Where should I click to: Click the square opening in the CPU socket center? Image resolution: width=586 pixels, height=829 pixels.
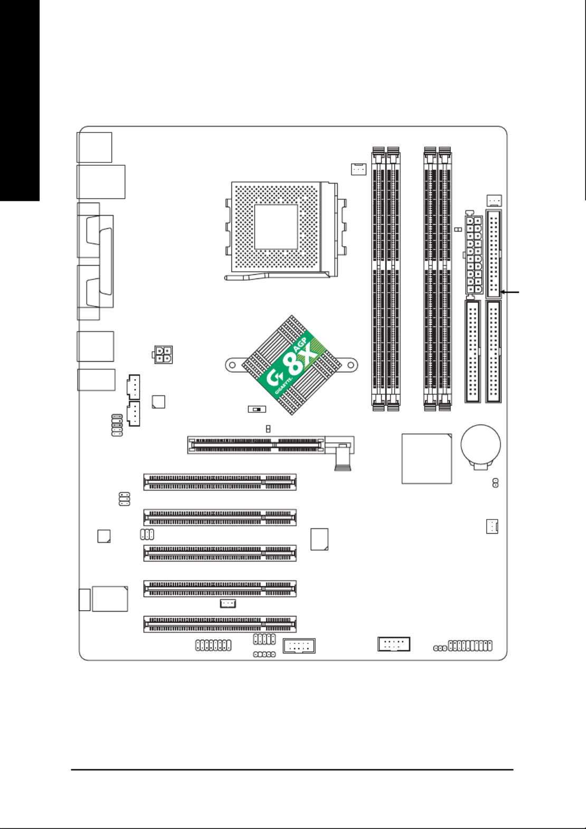276,226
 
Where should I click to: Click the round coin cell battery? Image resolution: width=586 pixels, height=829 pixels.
481,444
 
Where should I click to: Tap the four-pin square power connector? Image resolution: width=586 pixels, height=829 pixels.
163,354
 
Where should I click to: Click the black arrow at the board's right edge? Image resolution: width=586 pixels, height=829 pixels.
509,292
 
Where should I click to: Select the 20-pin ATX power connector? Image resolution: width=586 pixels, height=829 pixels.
474,255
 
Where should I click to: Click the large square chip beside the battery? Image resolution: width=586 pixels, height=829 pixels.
427,459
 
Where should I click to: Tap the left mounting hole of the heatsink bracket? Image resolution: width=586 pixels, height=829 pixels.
233,365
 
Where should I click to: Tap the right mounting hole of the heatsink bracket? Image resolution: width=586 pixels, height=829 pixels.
350,365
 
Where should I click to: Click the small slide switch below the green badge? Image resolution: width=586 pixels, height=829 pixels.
257,409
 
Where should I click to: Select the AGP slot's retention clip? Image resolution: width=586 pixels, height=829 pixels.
342,458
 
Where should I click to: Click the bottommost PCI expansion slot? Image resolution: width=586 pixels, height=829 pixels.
220,624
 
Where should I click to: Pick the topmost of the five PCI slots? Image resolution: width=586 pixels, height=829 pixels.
220,482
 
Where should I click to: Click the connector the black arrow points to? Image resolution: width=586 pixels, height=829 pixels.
494,254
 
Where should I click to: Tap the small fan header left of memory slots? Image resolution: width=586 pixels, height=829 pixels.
358,169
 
